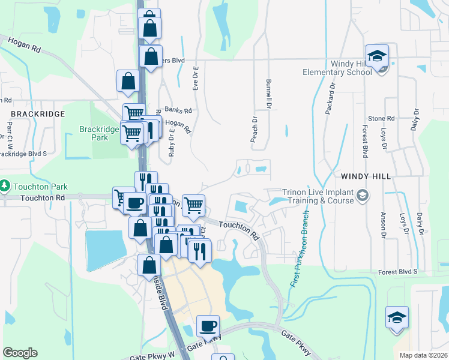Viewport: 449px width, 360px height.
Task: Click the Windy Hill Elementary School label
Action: tap(337, 68)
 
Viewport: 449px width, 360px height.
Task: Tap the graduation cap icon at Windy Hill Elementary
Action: tap(377, 56)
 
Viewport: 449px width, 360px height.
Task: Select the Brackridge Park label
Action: tap(94, 133)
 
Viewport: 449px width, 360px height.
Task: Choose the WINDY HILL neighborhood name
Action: tap(366, 176)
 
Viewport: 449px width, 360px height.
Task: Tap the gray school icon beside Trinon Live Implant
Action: tap(362, 195)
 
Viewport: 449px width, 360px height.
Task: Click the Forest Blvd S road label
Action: tap(397, 272)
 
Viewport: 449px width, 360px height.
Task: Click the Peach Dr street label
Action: tap(255, 129)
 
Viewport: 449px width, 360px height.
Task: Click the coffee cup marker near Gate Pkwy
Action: tap(208, 326)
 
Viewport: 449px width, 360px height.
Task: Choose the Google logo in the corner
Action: tap(20, 353)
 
